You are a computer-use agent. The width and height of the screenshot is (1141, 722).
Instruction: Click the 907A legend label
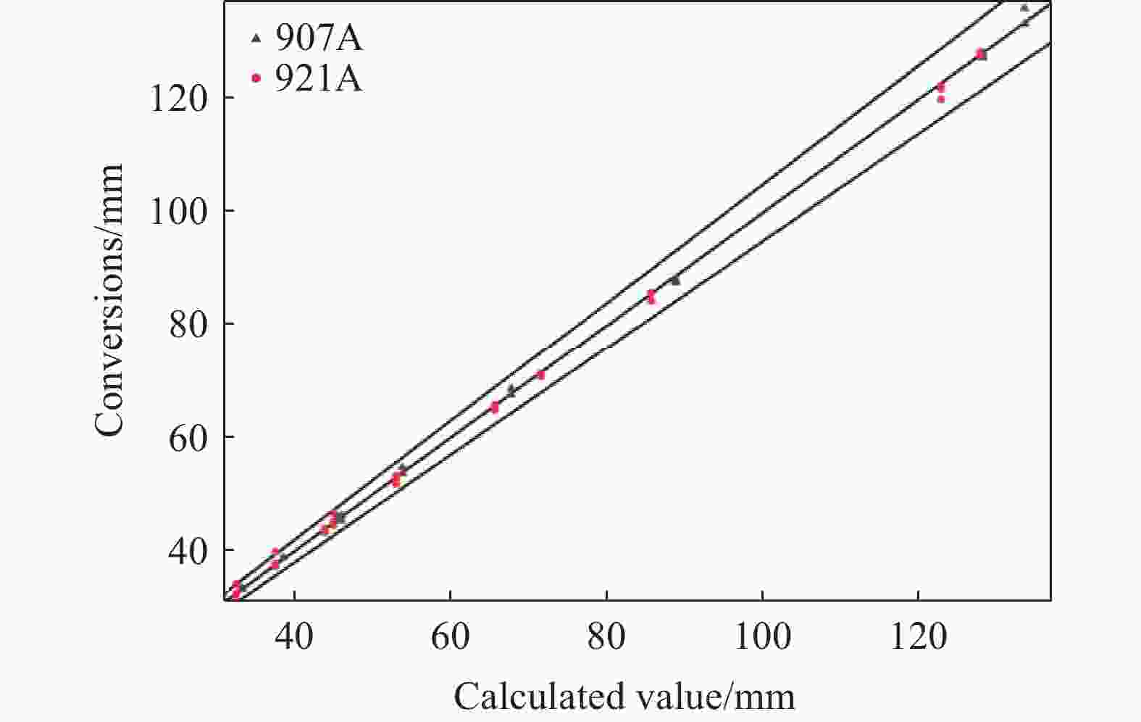pos(318,39)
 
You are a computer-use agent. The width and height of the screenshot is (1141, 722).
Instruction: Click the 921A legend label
pos(318,79)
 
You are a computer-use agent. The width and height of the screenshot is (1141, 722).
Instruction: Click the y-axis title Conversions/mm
pos(109,300)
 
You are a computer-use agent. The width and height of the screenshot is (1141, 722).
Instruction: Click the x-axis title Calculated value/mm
pos(624,696)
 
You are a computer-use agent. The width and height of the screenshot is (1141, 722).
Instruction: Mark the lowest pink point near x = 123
pos(941,99)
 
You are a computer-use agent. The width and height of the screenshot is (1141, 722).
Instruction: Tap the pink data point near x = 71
pos(540,375)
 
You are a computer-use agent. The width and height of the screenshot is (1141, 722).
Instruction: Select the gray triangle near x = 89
pos(675,280)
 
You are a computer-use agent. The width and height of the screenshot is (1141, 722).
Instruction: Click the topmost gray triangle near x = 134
pos(1024,8)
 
